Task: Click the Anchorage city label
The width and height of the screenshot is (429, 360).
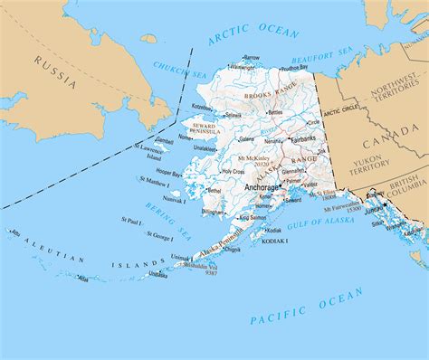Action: click(262, 187)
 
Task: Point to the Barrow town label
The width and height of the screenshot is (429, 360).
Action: click(252, 57)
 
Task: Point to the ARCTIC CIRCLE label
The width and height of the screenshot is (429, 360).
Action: click(341, 111)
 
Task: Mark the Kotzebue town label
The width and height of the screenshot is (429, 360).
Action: click(205, 107)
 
